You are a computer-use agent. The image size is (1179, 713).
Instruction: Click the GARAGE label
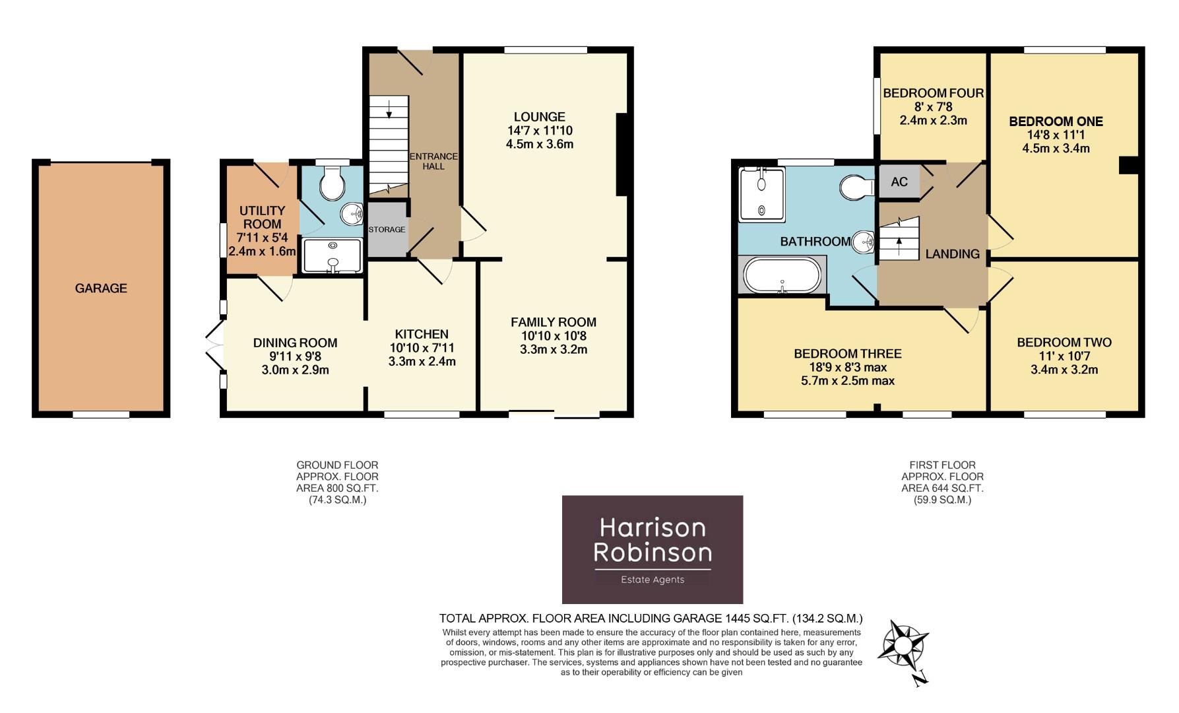[101, 289]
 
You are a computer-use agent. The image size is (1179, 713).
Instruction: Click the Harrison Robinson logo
[652, 549]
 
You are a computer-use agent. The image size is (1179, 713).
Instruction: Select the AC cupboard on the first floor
[899, 182]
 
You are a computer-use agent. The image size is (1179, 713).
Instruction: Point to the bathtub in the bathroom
[782, 275]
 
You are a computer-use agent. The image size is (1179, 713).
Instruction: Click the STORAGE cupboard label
[387, 230]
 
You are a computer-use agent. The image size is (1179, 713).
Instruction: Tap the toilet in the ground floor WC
[332, 184]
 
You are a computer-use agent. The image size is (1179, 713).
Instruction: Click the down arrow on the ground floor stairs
[389, 109]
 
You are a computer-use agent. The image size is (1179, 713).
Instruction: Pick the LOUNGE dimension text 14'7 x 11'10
[539, 131]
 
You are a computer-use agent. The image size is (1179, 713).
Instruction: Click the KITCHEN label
[422, 334]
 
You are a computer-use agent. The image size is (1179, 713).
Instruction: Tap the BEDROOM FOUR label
[933, 93]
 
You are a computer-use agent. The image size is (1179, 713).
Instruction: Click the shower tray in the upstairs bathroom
[762, 193]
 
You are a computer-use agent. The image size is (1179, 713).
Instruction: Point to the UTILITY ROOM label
[262, 217]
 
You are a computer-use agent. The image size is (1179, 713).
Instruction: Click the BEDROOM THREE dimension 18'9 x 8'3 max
[847, 367]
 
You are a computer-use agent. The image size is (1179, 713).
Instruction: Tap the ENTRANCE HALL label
[433, 161]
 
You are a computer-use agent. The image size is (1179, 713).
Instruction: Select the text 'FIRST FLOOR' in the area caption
[941, 465]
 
